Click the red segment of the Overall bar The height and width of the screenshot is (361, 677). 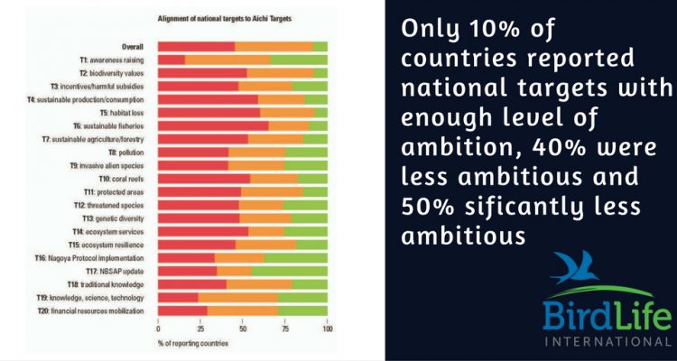pyautogui.click(x=196, y=46)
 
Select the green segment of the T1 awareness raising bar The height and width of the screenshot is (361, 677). pyautogui.click(x=299, y=60)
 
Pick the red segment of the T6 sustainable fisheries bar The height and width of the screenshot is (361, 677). pyautogui.click(x=213, y=125)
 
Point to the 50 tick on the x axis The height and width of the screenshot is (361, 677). pyautogui.click(x=243, y=328)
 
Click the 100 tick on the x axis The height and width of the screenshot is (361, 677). pyautogui.click(x=327, y=328)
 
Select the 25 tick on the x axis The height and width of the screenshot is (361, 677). pyautogui.click(x=200, y=328)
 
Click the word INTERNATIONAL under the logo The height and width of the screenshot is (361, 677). pyautogui.click(x=607, y=342)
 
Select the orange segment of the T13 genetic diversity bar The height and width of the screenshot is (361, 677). pyautogui.click(x=265, y=218)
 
